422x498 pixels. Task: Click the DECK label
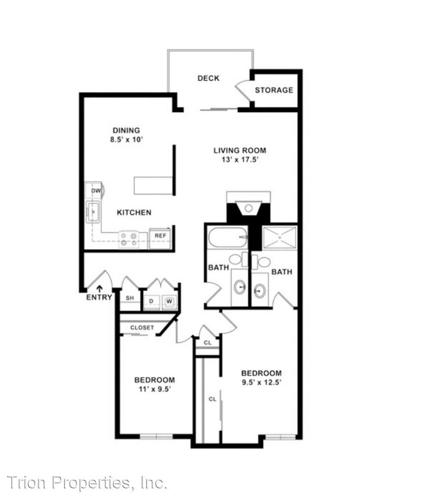pyautogui.click(x=208, y=78)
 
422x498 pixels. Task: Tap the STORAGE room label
pyautogui.click(x=274, y=90)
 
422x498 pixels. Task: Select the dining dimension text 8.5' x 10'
pyautogui.click(x=126, y=139)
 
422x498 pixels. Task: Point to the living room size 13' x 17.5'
pyautogui.click(x=240, y=160)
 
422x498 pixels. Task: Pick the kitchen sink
pyautogui.click(x=93, y=212)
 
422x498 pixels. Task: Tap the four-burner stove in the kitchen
pyautogui.click(x=129, y=240)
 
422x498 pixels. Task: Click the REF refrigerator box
pyautogui.click(x=160, y=238)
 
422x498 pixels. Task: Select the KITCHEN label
pyautogui.click(x=134, y=213)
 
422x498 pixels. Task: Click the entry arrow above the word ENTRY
pyautogui.click(x=100, y=289)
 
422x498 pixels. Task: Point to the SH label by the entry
pyautogui.click(x=130, y=298)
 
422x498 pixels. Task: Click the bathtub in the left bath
pyautogui.click(x=228, y=237)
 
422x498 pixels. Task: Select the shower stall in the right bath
pyautogui.click(x=279, y=237)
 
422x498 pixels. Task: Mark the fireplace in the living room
pyautogui.click(x=249, y=207)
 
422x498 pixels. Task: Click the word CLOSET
pyautogui.click(x=142, y=327)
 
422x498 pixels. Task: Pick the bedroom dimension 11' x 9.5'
pyautogui.click(x=155, y=389)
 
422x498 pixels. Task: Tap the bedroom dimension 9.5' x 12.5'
pyautogui.click(x=262, y=382)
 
